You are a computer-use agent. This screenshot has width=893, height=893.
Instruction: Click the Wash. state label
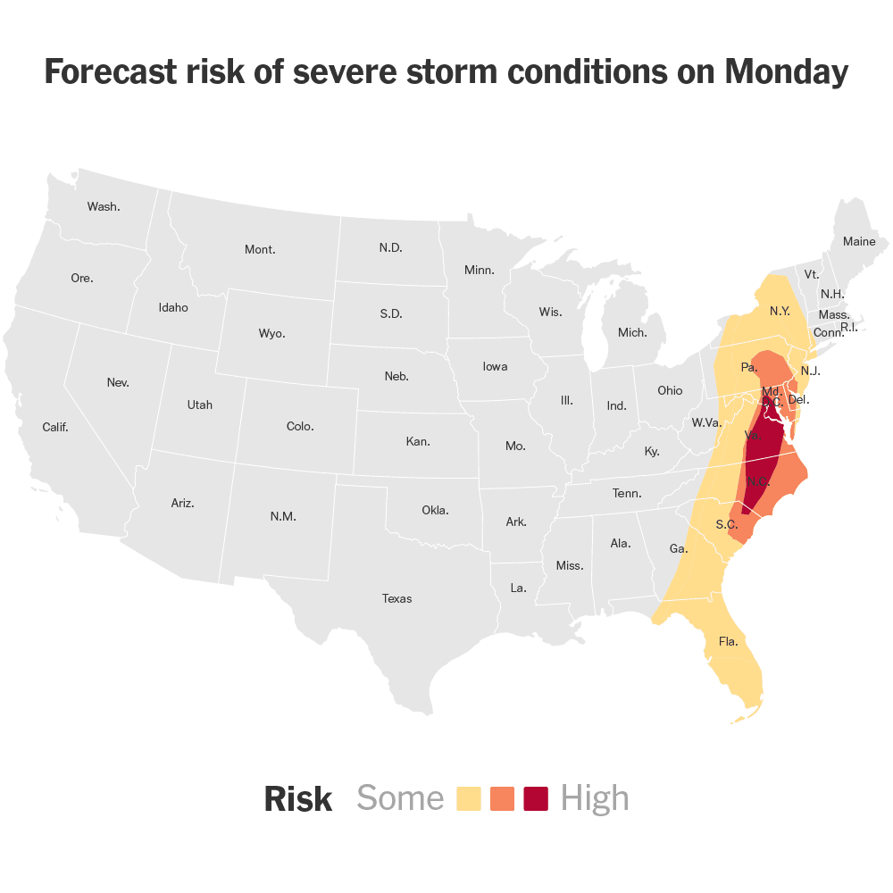click(104, 206)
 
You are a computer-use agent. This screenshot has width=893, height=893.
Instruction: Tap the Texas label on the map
click(396, 598)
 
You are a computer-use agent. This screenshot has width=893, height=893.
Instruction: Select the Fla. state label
click(729, 641)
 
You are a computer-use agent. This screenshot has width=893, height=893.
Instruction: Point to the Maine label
click(859, 241)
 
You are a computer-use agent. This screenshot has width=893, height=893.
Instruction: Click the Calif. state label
click(55, 427)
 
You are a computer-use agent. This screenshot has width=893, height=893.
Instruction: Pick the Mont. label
click(260, 249)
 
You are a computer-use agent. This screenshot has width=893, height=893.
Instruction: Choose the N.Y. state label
click(780, 312)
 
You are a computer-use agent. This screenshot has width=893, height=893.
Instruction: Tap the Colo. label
click(300, 426)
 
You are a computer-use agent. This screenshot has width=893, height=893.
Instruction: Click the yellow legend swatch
click(469, 798)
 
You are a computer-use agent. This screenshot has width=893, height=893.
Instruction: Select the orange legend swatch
click(503, 798)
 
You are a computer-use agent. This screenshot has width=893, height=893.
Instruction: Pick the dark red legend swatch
click(536, 798)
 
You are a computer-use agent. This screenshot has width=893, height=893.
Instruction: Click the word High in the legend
click(595, 798)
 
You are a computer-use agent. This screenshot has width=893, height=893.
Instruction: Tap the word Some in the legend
click(400, 798)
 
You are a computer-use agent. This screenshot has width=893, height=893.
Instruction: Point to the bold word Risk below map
click(298, 799)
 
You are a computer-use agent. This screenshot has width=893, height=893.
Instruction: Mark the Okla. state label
click(435, 510)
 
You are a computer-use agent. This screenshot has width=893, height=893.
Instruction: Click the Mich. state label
click(632, 332)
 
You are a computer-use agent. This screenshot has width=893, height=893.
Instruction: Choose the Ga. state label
click(679, 548)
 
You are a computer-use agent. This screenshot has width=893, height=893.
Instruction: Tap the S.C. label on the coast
click(727, 524)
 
